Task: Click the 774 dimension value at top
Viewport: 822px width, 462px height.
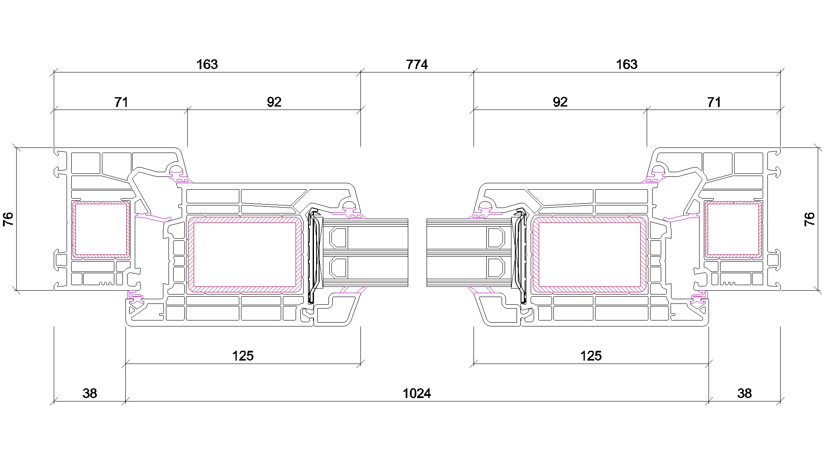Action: coord(417,64)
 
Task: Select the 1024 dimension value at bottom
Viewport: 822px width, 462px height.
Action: coord(417,393)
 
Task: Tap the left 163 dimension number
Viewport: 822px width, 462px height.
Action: coord(207,64)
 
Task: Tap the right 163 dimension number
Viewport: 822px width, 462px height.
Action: coord(627,64)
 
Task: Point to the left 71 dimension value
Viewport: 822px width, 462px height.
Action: coord(121,102)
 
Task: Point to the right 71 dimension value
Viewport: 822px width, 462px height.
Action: coord(714,102)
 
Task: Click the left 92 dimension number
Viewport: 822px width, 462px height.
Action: coord(274,102)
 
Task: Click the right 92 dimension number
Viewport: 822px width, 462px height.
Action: coord(560,102)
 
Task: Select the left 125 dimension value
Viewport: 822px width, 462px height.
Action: coord(243,356)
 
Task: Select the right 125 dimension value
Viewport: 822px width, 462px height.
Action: coord(591,356)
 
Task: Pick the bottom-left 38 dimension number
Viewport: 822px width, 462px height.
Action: coord(90,393)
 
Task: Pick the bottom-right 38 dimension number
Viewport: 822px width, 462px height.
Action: coord(744,393)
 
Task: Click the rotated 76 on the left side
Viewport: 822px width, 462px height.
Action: coord(8,219)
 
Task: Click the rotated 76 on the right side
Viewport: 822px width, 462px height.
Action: coord(809,219)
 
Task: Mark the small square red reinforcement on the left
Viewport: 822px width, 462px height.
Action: coord(101,230)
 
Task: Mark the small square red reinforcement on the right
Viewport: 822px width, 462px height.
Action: coord(733,230)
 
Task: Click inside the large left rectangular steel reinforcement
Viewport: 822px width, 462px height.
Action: coord(245,254)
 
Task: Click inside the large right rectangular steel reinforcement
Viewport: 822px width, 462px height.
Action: coord(590,254)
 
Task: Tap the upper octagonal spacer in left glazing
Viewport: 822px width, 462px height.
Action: coord(338,238)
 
